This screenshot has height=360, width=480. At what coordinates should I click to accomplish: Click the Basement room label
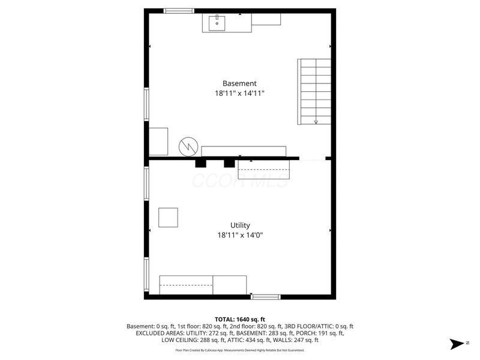point(239,83)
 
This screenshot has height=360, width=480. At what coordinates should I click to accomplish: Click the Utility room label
point(239,225)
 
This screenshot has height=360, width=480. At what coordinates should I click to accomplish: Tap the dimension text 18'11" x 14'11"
point(239,94)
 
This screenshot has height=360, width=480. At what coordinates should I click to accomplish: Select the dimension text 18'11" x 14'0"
point(239,235)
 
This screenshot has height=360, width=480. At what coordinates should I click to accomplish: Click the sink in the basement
point(217,23)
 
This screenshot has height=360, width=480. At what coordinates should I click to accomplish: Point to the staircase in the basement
point(314,91)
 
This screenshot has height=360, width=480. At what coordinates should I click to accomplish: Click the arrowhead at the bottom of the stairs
point(316,122)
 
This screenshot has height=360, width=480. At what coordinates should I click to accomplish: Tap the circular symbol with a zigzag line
point(187,145)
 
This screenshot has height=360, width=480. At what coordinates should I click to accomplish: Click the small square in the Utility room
point(168,217)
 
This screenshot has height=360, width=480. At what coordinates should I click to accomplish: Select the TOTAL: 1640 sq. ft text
point(239,319)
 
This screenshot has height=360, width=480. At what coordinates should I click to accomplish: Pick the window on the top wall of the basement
point(179,11)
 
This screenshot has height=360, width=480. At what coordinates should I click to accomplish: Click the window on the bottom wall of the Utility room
point(265,296)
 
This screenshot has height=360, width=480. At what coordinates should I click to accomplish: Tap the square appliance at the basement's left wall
point(158,142)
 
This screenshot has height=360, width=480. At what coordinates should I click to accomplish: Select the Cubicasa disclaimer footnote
point(239,350)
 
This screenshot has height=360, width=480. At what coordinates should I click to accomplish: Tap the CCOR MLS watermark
point(239,180)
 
